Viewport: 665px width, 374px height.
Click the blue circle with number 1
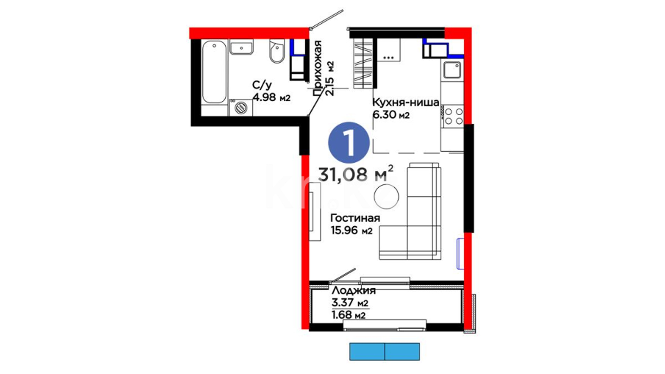[349, 143]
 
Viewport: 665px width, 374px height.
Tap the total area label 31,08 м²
[356, 174]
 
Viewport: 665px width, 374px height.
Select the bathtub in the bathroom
[214, 72]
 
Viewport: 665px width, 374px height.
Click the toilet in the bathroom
[277, 51]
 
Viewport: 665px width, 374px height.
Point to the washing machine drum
[241, 107]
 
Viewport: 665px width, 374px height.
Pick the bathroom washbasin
[241, 47]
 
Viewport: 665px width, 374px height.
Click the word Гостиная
[355, 218]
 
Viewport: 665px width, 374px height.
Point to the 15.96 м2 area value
[352, 230]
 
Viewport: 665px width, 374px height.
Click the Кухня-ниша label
[406, 103]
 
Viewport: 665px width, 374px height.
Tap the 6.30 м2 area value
[391, 115]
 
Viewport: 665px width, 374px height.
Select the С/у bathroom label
[262, 85]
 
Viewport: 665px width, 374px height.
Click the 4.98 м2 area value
[271, 97]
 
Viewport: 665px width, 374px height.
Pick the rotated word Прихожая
[317, 68]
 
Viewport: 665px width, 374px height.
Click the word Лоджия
[353, 291]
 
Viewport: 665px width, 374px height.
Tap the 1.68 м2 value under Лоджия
[348, 315]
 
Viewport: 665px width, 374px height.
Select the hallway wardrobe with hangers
[363, 63]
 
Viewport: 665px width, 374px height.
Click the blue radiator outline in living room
[460, 253]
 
